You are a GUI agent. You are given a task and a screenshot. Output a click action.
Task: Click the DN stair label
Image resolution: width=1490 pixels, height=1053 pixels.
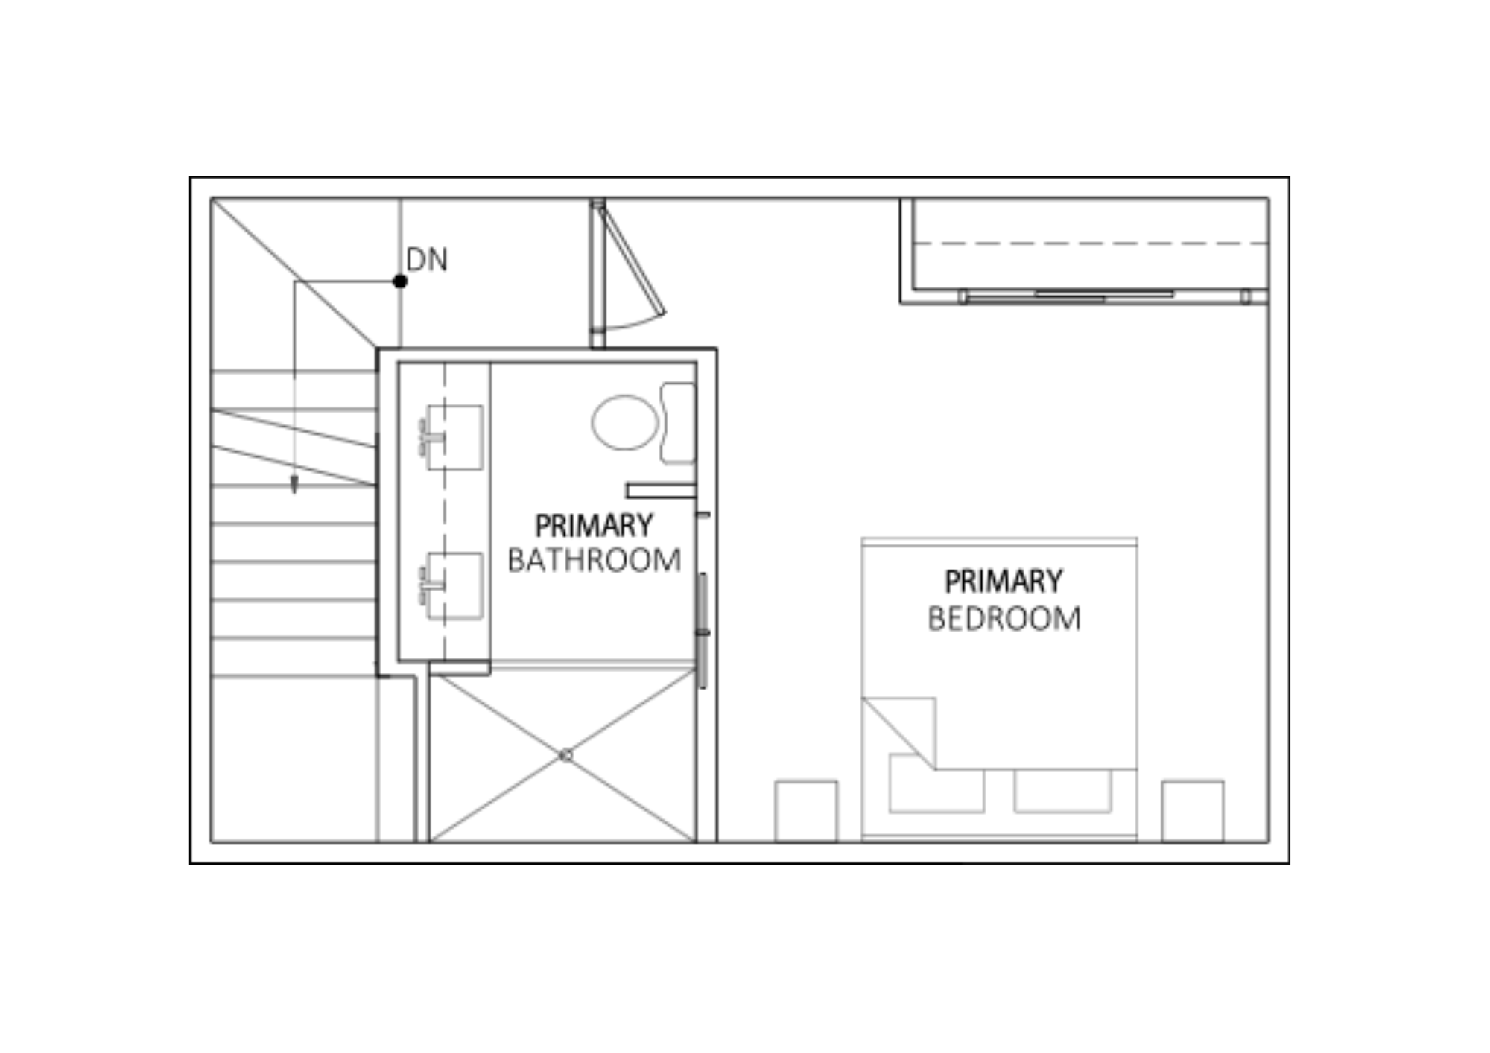(x=427, y=260)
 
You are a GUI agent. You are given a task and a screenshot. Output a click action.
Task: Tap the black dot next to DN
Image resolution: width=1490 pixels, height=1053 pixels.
(x=400, y=281)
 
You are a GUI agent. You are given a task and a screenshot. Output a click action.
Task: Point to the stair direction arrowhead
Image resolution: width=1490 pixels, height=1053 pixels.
(x=294, y=485)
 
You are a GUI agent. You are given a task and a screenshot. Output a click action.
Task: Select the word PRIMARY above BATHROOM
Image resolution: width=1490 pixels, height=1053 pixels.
(x=594, y=526)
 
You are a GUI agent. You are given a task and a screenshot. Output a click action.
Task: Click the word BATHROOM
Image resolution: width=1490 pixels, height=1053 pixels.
(x=594, y=560)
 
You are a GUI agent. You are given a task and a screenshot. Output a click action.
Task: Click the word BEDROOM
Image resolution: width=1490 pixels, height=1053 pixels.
(x=1004, y=619)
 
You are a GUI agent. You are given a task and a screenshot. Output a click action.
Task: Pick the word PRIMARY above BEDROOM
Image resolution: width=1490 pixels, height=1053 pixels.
(x=1004, y=582)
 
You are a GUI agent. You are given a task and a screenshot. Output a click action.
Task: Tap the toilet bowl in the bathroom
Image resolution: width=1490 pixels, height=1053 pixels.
(x=625, y=422)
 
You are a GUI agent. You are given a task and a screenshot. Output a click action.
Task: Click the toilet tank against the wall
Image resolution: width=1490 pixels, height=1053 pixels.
(x=677, y=422)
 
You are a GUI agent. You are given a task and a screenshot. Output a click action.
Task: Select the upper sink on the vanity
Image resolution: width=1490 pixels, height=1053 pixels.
(x=454, y=437)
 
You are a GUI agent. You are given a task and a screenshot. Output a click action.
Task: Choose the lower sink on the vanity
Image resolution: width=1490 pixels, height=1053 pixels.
(x=454, y=585)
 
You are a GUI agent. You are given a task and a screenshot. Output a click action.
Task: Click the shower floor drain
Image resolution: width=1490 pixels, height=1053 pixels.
(x=566, y=755)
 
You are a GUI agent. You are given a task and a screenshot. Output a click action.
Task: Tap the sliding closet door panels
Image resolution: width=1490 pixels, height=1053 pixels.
(x=1105, y=296)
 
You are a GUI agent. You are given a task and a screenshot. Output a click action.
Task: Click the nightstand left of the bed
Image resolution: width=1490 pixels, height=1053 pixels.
(x=806, y=811)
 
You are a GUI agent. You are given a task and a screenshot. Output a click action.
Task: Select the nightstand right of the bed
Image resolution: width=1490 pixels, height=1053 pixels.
(x=1192, y=811)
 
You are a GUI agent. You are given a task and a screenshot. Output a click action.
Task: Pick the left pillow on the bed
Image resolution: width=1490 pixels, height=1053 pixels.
(x=936, y=783)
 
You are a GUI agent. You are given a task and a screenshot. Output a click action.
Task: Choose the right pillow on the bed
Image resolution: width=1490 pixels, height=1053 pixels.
(x=1062, y=790)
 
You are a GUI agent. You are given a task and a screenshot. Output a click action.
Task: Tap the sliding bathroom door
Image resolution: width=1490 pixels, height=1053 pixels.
(x=703, y=631)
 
